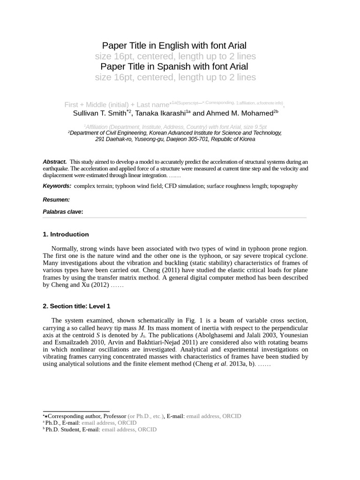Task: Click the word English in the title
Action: click(174, 45)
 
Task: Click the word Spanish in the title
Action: click(175, 67)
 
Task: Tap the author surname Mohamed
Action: click(256, 113)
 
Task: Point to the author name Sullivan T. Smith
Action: click(99, 113)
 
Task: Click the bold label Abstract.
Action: click(54, 162)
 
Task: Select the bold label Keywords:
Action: click(57, 186)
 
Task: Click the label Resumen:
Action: click(56, 200)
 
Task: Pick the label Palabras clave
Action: click(62, 212)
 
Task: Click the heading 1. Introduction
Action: click(66, 234)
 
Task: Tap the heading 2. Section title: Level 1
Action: click(76, 306)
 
